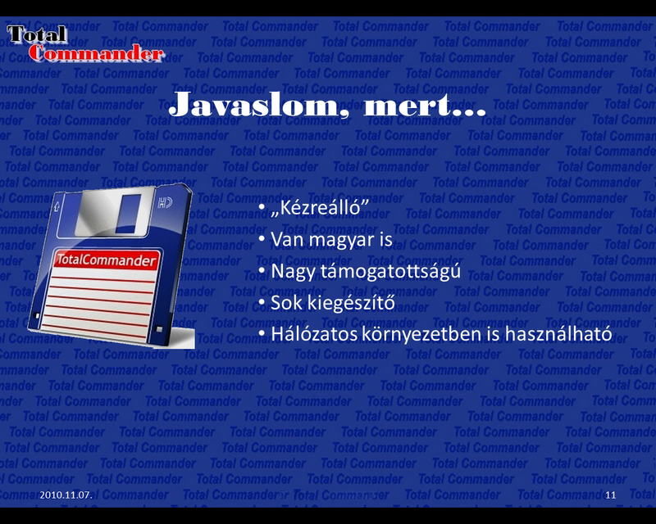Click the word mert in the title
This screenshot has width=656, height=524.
408,106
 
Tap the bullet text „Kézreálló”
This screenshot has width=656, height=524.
320,207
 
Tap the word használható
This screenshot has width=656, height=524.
558,333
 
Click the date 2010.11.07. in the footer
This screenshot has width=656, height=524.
66,495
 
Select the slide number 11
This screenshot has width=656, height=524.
610,495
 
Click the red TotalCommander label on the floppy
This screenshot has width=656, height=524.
107,260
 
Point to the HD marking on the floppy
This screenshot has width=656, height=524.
165,204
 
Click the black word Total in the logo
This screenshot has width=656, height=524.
37,34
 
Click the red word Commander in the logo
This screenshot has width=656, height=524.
96,53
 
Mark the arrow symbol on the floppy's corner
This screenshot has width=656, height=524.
57,206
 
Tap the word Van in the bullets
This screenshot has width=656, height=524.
286,240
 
